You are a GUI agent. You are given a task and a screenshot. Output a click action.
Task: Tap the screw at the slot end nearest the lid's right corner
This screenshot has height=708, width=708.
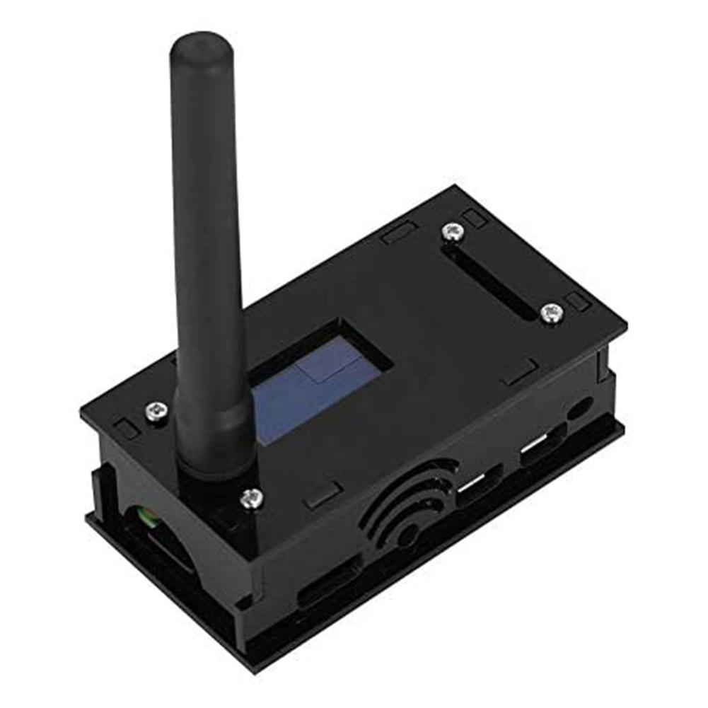click(550, 312)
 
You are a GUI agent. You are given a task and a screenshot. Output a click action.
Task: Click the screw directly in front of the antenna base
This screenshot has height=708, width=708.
click(251, 499)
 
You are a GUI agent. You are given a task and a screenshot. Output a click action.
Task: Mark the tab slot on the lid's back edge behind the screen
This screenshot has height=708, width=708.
click(399, 233)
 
